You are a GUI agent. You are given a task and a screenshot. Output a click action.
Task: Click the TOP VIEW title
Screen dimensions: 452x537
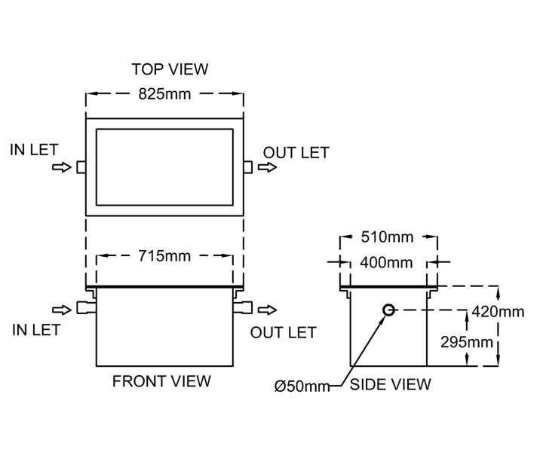click(170, 69)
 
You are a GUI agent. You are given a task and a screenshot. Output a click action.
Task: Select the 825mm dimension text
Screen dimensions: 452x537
click(164, 95)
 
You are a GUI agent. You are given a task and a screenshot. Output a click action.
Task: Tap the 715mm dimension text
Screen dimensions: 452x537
click(164, 256)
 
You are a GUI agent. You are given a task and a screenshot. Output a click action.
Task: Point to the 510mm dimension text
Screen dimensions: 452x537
click(388, 238)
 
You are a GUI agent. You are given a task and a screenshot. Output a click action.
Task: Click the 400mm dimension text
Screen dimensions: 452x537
click(387, 263)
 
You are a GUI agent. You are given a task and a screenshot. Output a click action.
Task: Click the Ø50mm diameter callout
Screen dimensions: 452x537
click(302, 386)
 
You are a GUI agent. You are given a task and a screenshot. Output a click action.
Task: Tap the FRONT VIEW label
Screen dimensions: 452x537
click(161, 381)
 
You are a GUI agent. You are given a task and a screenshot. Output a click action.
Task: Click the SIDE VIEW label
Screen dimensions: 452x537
click(391, 385)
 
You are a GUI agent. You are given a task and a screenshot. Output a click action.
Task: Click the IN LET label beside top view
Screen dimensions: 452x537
click(34, 150)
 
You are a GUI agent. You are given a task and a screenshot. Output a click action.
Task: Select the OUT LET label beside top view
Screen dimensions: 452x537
click(296, 153)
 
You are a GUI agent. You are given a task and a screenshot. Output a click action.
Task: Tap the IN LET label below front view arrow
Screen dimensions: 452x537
click(36, 329)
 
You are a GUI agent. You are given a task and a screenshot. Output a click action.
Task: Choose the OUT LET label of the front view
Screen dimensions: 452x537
click(284, 332)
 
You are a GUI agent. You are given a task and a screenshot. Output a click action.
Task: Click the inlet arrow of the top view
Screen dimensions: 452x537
click(60, 168)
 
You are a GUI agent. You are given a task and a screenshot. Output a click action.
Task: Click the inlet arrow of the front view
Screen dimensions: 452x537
click(60, 309)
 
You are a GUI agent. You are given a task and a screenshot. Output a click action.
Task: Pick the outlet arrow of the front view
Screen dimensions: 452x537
click(268, 309)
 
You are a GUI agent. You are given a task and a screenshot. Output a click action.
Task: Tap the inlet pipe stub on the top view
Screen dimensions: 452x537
click(81, 167)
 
